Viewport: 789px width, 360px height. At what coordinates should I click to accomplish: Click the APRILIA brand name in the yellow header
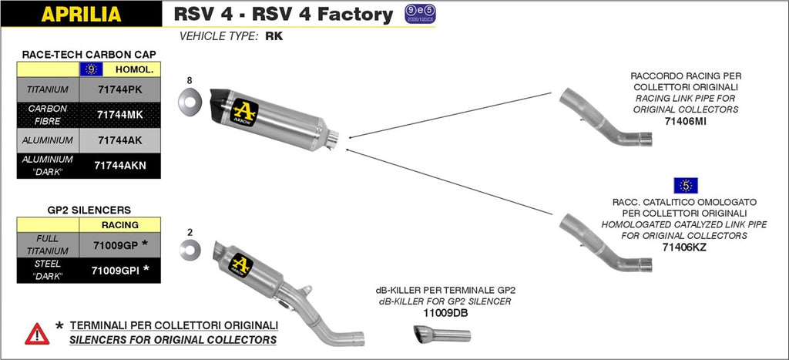coord(80,14)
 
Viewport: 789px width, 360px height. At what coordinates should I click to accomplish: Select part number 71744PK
coord(119,89)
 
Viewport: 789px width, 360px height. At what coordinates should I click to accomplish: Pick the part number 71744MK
coord(119,114)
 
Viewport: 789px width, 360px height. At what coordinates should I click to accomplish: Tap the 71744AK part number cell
coord(119,140)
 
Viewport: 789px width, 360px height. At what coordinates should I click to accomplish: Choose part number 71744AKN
coord(119,165)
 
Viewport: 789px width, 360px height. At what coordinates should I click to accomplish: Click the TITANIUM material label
coord(49,89)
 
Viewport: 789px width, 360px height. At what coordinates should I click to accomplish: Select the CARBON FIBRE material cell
coord(48,114)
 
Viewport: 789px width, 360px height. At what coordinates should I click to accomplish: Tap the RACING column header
coord(119,225)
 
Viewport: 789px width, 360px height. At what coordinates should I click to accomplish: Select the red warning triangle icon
coord(37,334)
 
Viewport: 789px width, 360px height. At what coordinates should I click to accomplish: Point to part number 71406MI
coord(685,121)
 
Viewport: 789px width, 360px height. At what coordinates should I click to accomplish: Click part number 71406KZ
coord(684,247)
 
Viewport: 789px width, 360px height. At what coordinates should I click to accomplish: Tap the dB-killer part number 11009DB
coord(444,313)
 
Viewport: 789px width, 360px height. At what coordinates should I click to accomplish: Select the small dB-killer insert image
coord(442,335)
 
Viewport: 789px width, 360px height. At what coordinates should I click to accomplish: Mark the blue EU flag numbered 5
coord(685,185)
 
